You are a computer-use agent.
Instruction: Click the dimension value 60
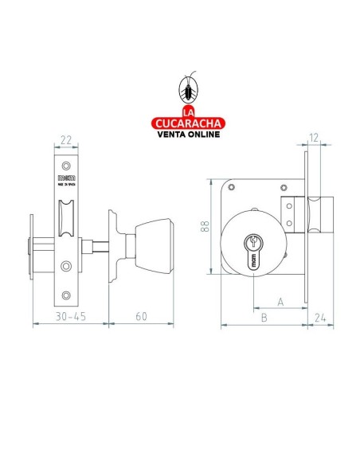pos(140,315)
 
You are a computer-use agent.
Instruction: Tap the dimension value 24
pos(319,316)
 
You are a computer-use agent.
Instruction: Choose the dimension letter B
pos(263,316)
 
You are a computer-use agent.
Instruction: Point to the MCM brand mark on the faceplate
pos(65,174)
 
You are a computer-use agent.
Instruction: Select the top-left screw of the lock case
pos(230,189)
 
